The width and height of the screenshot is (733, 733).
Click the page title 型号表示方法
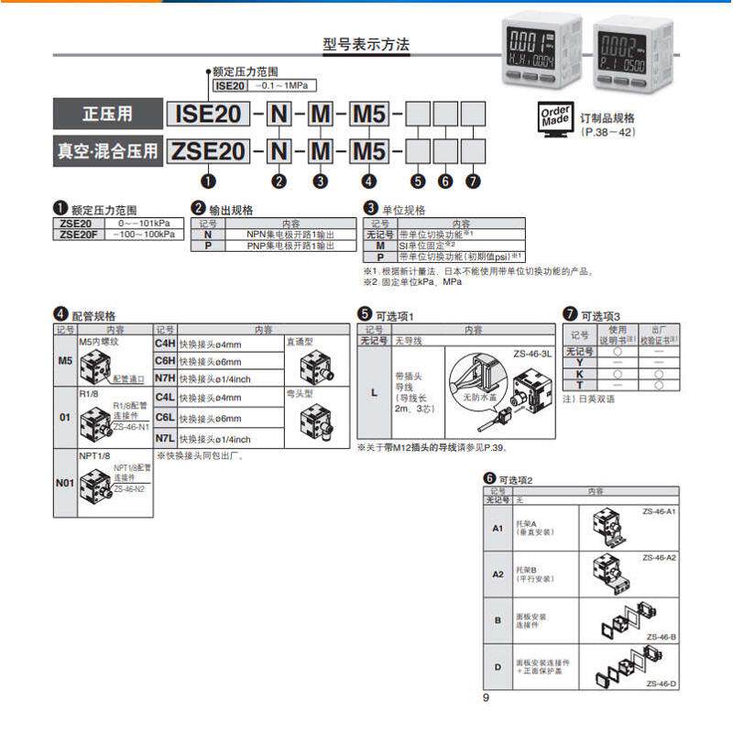tap(366, 44)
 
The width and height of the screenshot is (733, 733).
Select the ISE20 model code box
tap(208, 115)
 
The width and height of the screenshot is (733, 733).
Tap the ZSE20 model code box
tap(208, 150)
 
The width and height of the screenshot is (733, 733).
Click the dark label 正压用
tap(107, 115)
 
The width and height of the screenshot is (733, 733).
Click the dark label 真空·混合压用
tap(107, 150)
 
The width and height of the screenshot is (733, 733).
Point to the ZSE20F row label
tap(76, 234)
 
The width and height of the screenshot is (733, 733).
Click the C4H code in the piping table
tap(165, 344)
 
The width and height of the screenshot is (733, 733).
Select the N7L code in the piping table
tap(165, 439)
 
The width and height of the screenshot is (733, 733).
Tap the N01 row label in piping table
tap(65, 481)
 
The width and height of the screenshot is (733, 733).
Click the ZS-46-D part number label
tap(661, 684)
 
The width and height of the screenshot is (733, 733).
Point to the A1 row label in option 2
tap(498, 529)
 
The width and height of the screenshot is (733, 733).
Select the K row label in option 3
tap(579, 375)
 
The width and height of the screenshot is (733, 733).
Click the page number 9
tap(487, 700)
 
